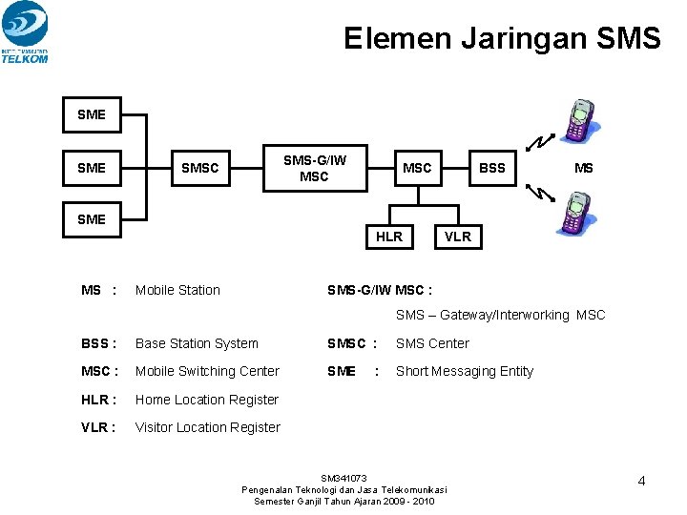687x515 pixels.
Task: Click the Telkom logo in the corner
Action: coord(26,31)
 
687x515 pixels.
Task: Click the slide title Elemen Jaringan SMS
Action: coord(502,38)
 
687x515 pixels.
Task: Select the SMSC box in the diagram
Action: coord(200,168)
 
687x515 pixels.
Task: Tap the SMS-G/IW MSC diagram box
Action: coord(314,168)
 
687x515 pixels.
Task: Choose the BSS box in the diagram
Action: coord(491,168)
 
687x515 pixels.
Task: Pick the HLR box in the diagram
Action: coord(389,237)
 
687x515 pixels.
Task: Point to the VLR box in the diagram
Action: coord(458,237)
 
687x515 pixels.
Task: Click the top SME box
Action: coord(92,114)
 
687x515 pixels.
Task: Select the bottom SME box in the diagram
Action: coord(92,219)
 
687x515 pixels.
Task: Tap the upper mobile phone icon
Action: coord(579,120)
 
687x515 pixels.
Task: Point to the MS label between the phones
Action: coord(583,168)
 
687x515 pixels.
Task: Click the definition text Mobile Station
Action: coord(177,290)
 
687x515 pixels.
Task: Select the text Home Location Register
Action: coord(207,400)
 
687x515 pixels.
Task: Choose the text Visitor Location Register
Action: coord(208,427)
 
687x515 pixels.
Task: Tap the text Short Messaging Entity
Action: coord(465,371)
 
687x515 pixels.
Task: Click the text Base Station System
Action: coord(197,343)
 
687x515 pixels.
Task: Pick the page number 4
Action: coord(641,481)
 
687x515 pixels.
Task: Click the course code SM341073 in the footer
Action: coord(343,478)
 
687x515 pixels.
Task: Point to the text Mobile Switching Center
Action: coord(207,371)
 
